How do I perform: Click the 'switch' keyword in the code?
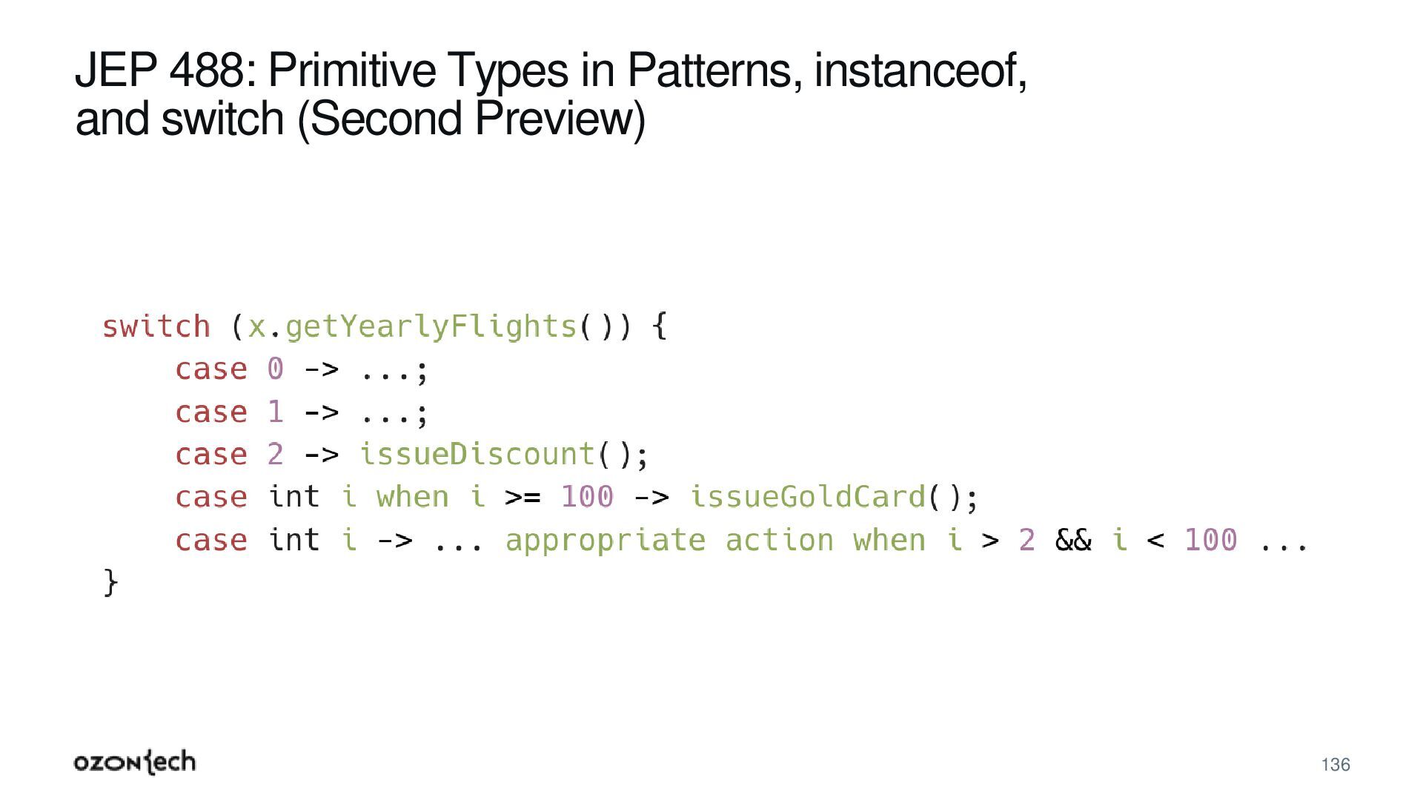156,326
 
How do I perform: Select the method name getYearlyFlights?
431,326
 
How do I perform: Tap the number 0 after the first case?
275,369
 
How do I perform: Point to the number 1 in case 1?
275,412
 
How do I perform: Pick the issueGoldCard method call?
808,497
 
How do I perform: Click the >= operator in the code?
523,497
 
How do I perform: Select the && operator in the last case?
1073,540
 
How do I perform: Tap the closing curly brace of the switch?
110,582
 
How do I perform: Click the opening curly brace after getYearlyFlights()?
660,326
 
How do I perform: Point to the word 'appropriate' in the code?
605,540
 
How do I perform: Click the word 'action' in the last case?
779,540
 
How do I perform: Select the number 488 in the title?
207,70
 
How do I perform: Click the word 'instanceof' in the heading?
920,70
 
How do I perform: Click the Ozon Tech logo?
135,762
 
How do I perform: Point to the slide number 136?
1336,765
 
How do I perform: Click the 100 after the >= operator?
587,497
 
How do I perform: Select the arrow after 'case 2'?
321,455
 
